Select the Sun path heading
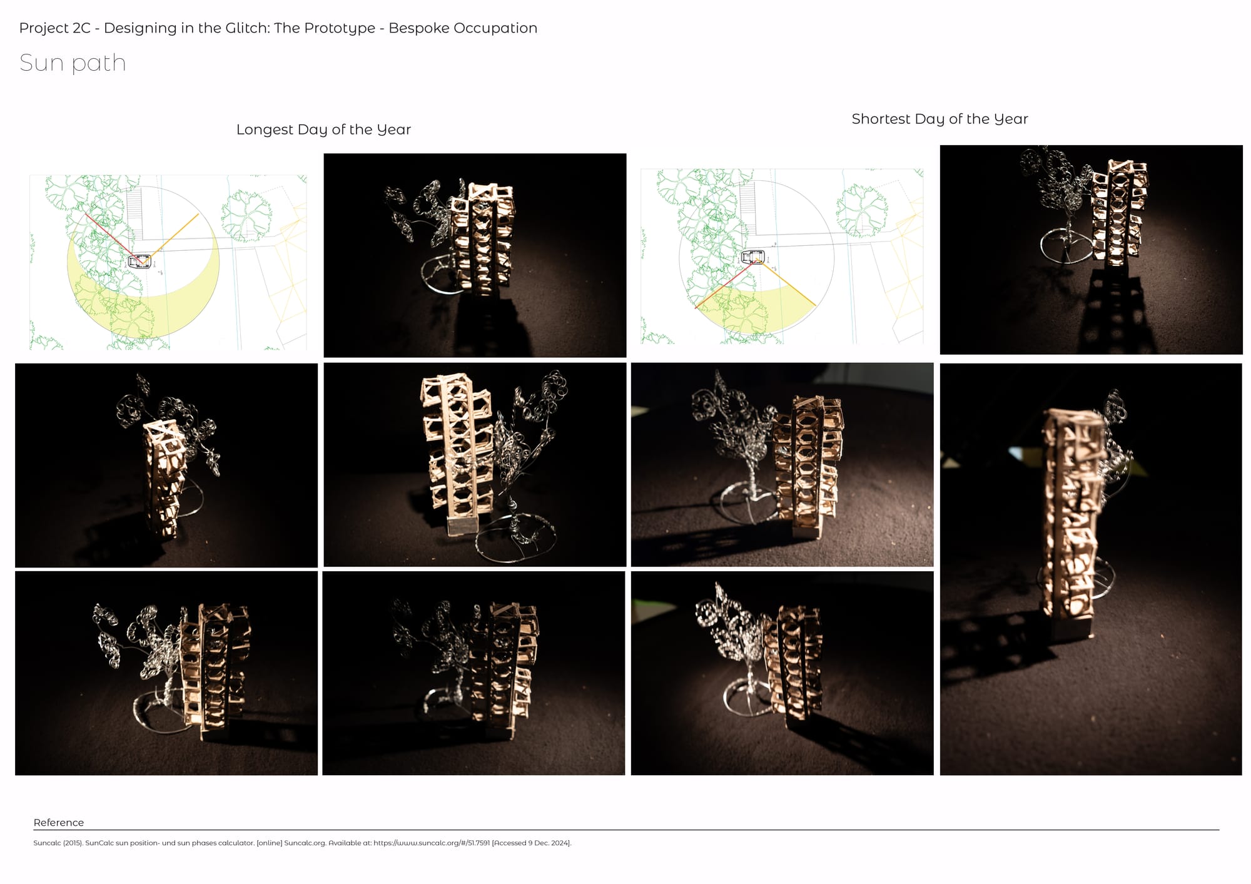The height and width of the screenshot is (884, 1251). (73, 63)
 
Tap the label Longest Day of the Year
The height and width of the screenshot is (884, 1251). (323, 130)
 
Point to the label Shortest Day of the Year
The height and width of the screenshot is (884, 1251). (940, 119)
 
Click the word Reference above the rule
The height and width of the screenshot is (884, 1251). (59, 823)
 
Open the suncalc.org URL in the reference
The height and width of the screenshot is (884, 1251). (432, 843)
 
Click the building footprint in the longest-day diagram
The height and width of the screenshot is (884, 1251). (139, 261)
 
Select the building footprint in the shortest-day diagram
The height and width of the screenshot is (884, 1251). (752, 256)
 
